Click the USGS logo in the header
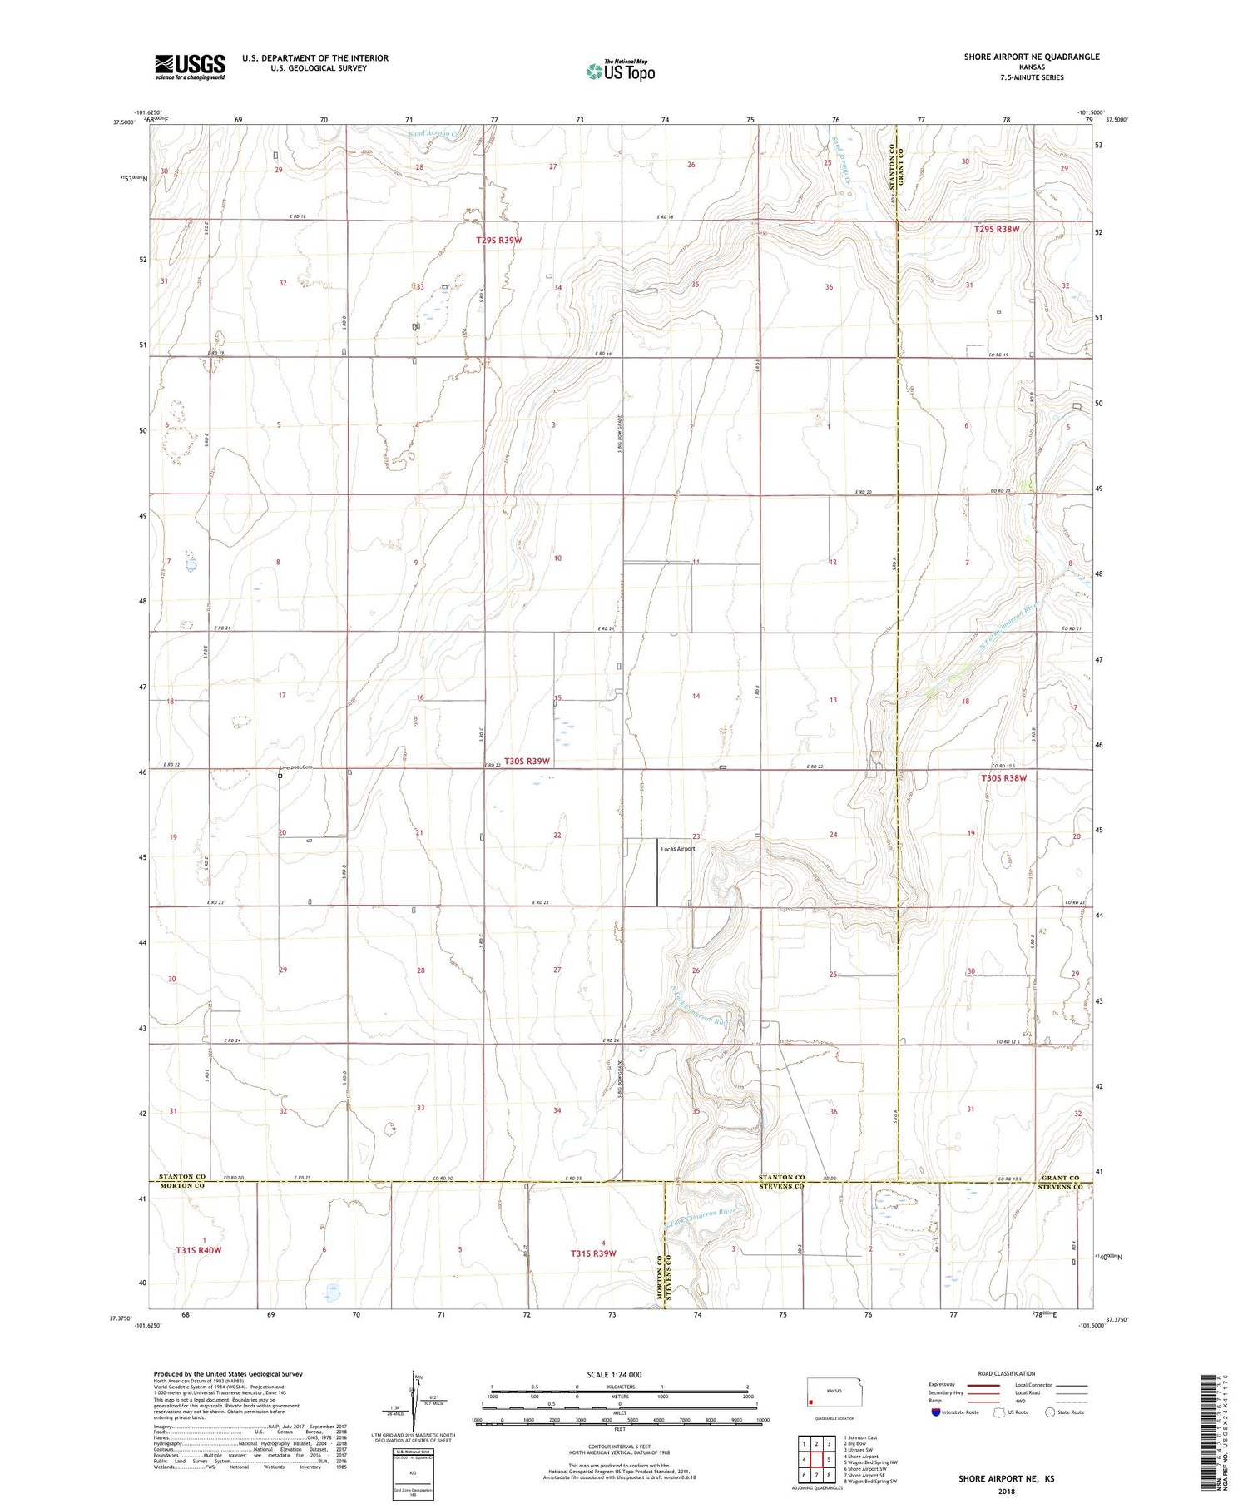click(x=190, y=67)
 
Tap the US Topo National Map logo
click(x=621, y=71)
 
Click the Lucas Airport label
click(x=677, y=849)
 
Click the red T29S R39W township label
click(x=498, y=240)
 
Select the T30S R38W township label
click(x=1003, y=777)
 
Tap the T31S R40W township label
click(x=199, y=1250)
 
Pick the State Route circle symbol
click(x=1050, y=1412)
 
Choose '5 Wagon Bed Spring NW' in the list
click(x=870, y=1462)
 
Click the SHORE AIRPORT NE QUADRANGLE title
click(x=1031, y=57)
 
